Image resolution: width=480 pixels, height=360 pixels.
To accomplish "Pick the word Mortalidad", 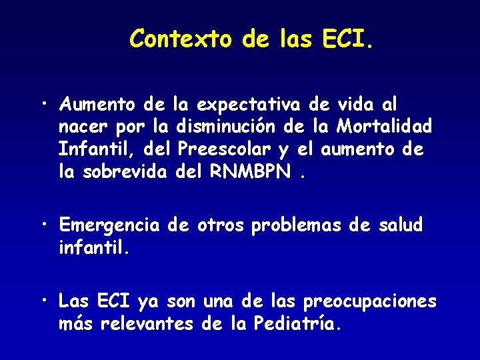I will point(385,125).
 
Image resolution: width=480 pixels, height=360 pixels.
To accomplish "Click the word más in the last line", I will point(76,325).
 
